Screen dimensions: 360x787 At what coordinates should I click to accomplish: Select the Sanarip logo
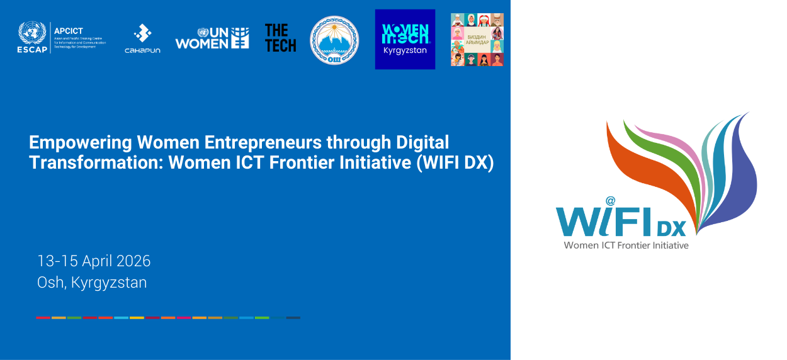(x=142, y=38)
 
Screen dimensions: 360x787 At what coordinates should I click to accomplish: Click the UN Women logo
(x=212, y=38)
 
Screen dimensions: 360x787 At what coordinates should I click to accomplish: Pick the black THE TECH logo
(x=280, y=38)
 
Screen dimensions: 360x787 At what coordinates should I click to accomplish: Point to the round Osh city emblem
(x=334, y=40)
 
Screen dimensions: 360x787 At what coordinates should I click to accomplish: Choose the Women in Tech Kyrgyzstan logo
(x=405, y=39)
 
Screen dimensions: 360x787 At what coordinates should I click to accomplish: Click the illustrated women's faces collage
(x=477, y=40)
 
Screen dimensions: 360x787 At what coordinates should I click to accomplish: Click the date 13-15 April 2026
(x=94, y=261)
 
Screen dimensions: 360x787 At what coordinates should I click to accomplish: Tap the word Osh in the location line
(x=50, y=283)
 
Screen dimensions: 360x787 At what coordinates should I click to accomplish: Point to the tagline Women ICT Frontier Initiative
(x=626, y=245)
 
